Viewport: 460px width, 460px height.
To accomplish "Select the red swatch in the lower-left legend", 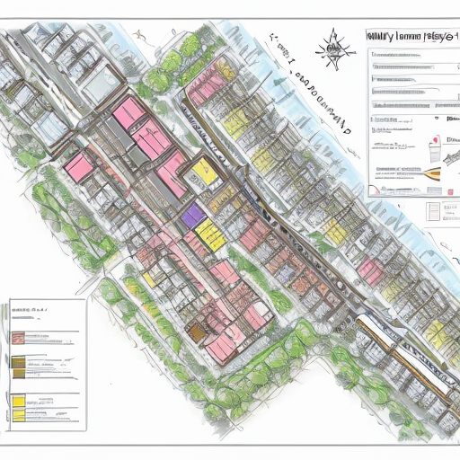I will click(19, 339).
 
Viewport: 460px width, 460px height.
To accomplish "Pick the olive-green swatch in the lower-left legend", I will click(19, 363).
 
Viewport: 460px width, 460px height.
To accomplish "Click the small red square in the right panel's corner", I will click(434, 140).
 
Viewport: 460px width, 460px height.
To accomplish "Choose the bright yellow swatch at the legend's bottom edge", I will click(19, 401).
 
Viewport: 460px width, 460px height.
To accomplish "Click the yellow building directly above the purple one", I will click(204, 170).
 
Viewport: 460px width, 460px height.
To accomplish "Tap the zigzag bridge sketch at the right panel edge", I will click(449, 156).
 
